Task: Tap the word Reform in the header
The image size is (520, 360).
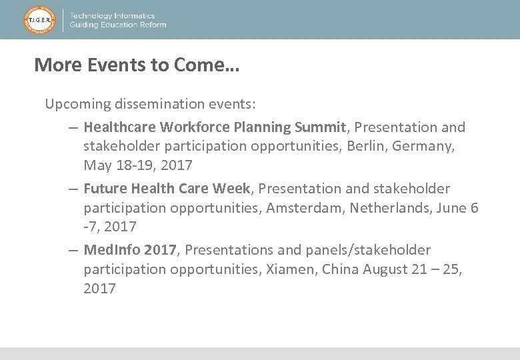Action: click(x=153, y=25)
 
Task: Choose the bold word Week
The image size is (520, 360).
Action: click(x=231, y=189)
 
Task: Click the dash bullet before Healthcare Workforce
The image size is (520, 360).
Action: click(x=73, y=127)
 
